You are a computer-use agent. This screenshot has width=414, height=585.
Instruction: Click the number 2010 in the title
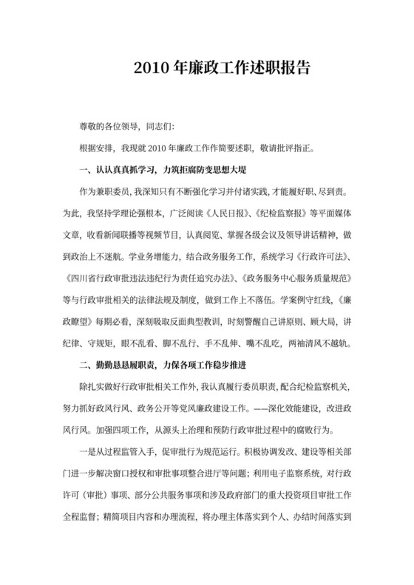coord(150,68)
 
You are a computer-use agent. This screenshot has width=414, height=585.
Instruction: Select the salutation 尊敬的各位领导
coord(112,127)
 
